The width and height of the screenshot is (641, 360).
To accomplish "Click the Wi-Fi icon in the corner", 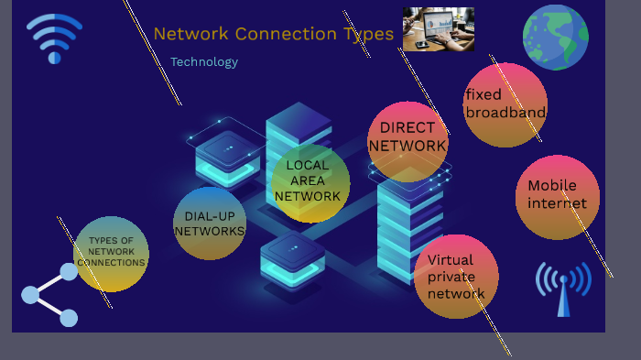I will [54, 38].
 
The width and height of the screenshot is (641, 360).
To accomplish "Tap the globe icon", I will [555, 38].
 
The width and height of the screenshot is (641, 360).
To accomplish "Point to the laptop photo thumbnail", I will [438, 29].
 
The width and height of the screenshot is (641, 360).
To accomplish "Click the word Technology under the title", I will [204, 62].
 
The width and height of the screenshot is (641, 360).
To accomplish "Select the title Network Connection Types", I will [273, 34].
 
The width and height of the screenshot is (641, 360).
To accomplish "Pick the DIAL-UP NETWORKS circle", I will [210, 224].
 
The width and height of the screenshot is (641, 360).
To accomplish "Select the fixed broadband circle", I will [505, 104].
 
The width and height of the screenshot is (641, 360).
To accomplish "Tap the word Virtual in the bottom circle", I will [450, 260].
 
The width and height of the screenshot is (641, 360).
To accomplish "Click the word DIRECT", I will [407, 128].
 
